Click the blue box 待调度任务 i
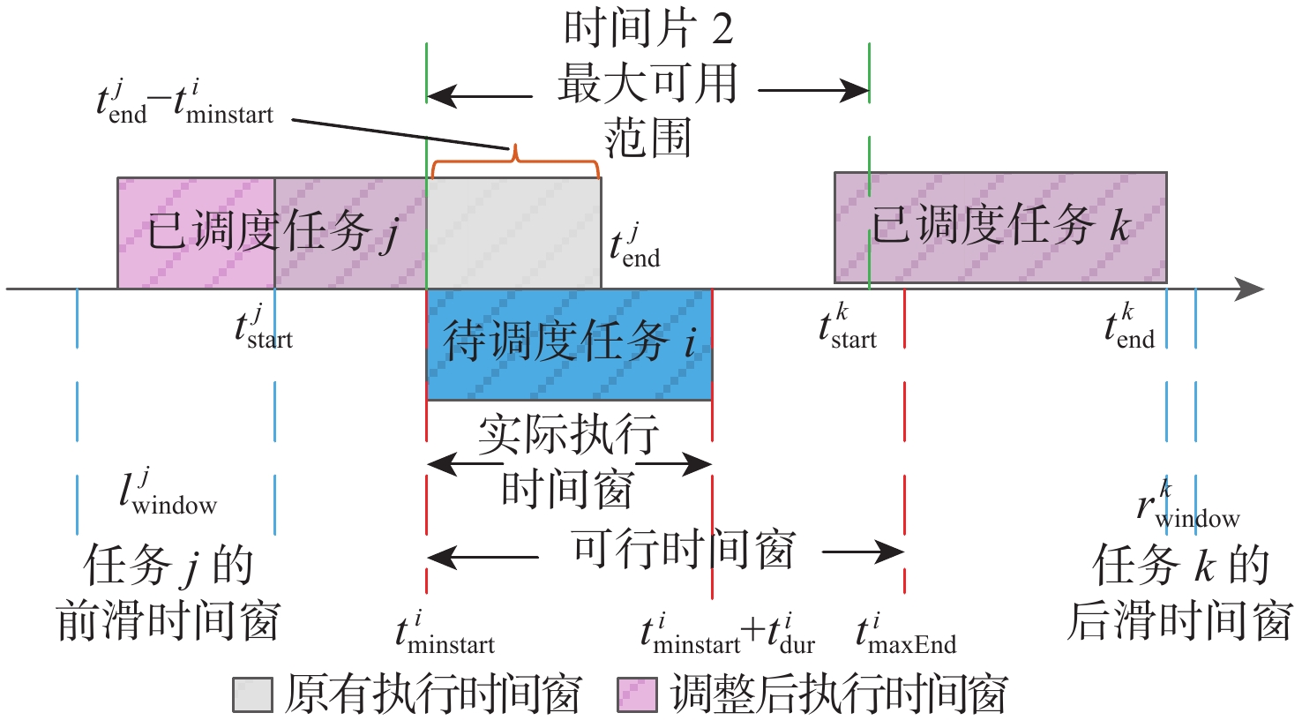click(569, 344)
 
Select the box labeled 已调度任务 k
click(1000, 228)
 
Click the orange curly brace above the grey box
click(513, 160)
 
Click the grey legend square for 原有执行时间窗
click(251, 695)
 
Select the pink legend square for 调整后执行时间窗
click(636, 695)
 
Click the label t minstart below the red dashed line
click(445, 634)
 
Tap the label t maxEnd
click(906, 634)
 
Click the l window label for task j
click(168, 495)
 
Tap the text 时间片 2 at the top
click(648, 30)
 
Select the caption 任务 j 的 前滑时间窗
click(168, 593)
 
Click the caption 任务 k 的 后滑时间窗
click(1180, 593)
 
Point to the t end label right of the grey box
click(635, 248)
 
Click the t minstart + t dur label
click(728, 634)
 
